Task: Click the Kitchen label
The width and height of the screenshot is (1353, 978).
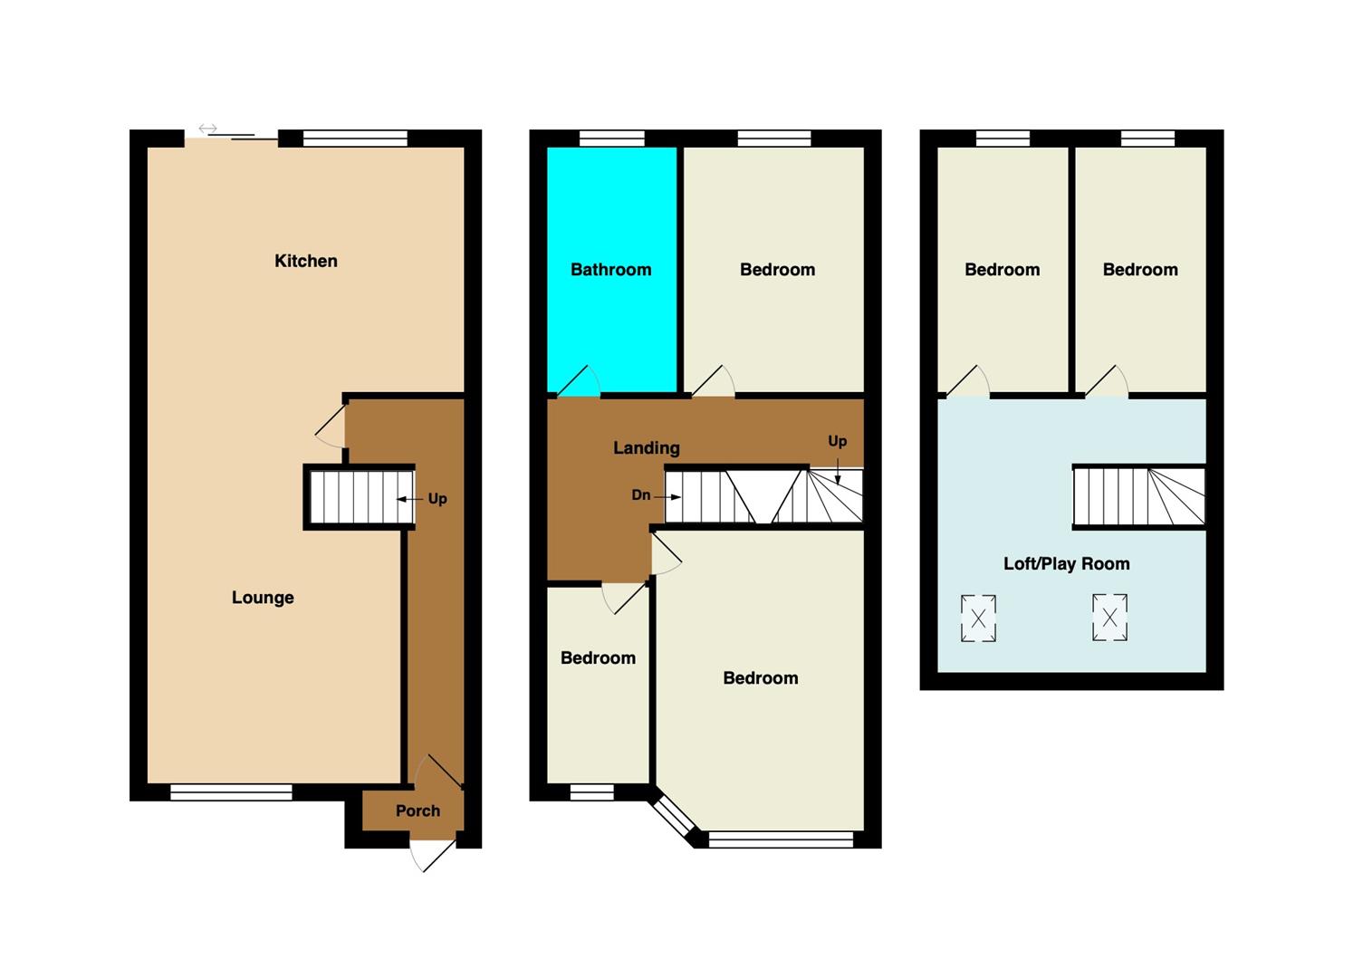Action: (305, 261)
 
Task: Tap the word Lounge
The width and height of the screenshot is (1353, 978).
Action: (263, 598)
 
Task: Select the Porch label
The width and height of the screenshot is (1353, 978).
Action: (417, 810)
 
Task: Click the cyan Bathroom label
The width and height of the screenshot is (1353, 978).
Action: (610, 270)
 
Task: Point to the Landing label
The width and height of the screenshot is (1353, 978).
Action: (647, 447)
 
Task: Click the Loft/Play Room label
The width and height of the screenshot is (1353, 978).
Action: (1066, 563)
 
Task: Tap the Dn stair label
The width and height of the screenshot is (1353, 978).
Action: (641, 494)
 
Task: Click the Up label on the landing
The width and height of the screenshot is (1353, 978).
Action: (837, 442)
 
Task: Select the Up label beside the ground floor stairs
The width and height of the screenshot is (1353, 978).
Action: (437, 499)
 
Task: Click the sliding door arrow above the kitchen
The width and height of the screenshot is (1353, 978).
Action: (207, 129)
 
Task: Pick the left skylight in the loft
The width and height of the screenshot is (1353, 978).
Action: (978, 618)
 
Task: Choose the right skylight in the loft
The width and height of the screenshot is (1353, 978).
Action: (1109, 618)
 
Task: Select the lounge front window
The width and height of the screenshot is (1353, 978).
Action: (231, 792)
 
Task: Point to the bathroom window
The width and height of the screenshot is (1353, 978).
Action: (612, 139)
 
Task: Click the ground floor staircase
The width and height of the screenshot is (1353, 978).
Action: (361, 497)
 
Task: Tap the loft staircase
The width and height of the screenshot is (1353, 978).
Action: (1138, 497)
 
